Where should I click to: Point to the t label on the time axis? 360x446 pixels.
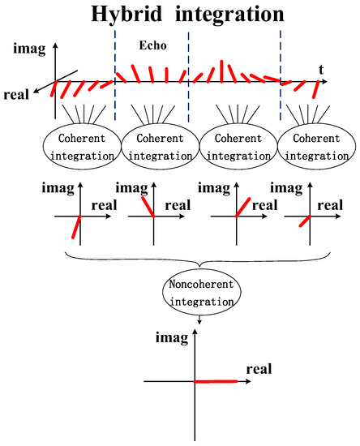pos(322,71)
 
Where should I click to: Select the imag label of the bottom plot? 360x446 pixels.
pos(170,336)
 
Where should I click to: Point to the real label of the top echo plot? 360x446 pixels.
pos(16,94)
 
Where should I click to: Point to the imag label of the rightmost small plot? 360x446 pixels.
pos(292,189)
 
